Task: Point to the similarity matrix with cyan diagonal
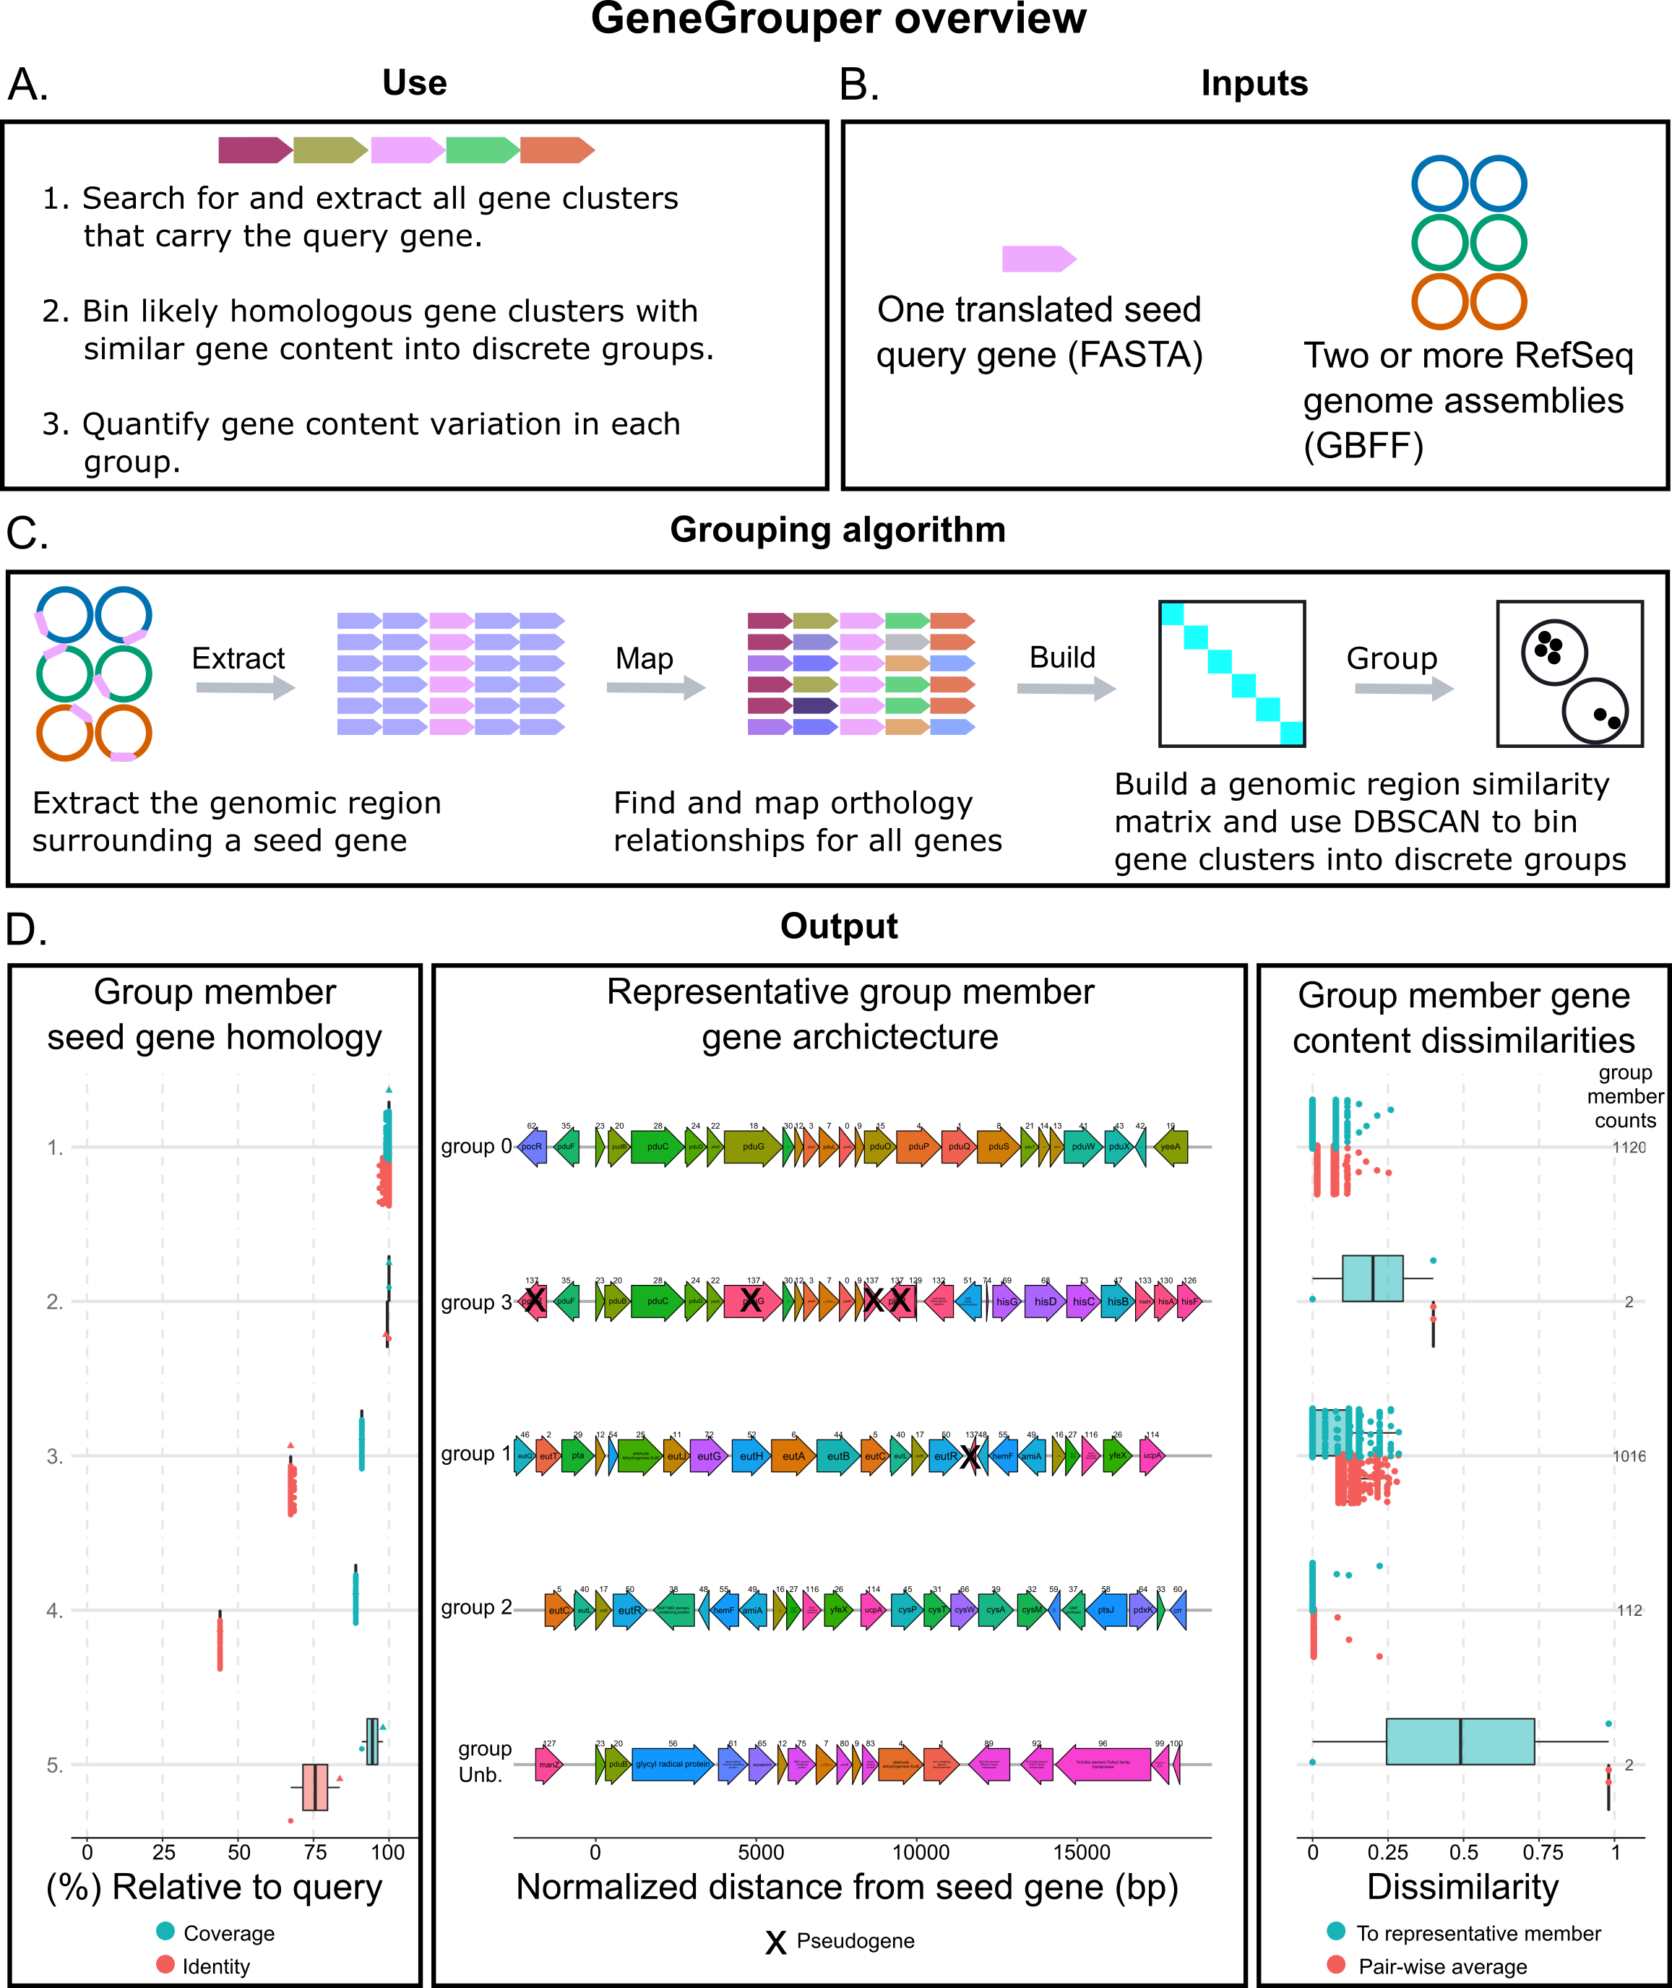click(x=1231, y=673)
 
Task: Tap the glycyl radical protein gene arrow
click(x=672, y=1764)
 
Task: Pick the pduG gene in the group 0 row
click(x=753, y=1146)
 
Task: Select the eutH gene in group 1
click(x=751, y=1456)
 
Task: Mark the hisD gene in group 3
click(x=1045, y=1301)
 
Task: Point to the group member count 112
click(x=1629, y=1610)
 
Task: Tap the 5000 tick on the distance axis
click(x=760, y=1851)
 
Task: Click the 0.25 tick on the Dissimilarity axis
click(x=1387, y=1851)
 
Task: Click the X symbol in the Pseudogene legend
click(x=775, y=1942)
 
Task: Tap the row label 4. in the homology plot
click(x=55, y=1610)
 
